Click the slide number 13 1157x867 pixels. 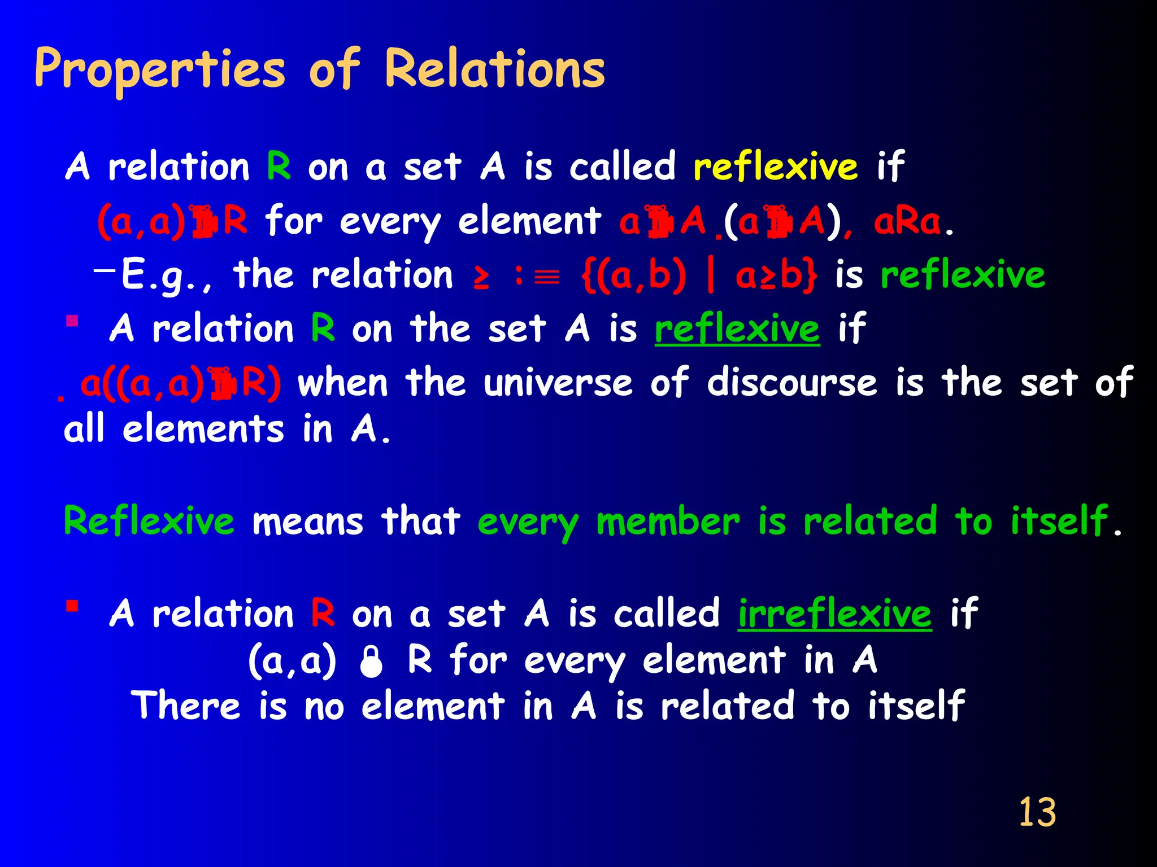1037,812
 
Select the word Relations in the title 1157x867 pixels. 495,69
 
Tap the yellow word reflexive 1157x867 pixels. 775,167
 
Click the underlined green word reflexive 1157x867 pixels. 737,329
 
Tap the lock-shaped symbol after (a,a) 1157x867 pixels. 371,662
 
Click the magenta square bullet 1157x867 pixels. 72,321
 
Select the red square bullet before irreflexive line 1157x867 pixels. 72,606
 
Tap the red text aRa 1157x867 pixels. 907,222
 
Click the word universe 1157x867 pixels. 558,383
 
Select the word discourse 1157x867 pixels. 792,383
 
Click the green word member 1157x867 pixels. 668,522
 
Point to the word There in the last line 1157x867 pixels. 186,706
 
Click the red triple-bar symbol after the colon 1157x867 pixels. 546,277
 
